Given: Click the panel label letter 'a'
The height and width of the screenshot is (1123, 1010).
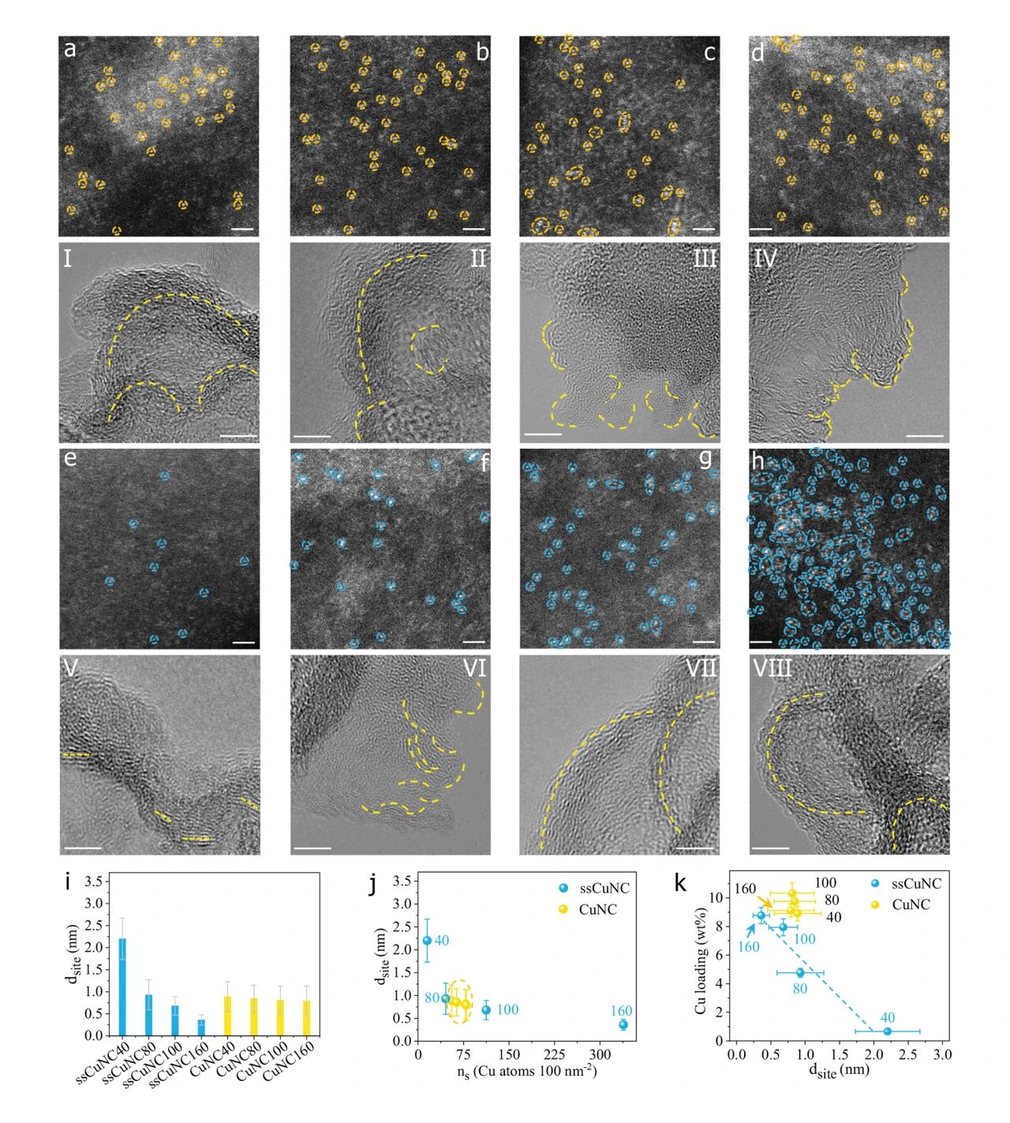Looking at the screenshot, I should [x=70, y=50].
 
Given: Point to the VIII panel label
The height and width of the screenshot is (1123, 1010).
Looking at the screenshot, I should [x=772, y=669].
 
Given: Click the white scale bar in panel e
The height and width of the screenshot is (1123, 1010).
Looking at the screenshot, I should [x=244, y=642].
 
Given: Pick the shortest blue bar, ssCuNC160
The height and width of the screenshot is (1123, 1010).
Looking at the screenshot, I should [x=201, y=1027].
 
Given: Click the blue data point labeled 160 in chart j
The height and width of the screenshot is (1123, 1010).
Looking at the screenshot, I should [x=623, y=1024].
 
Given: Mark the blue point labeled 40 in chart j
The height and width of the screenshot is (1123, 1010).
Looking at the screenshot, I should [x=427, y=941].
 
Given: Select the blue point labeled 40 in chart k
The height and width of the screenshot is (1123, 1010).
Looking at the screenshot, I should [x=888, y=1031].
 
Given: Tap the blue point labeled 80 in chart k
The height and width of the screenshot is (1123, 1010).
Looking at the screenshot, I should [x=800, y=972].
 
